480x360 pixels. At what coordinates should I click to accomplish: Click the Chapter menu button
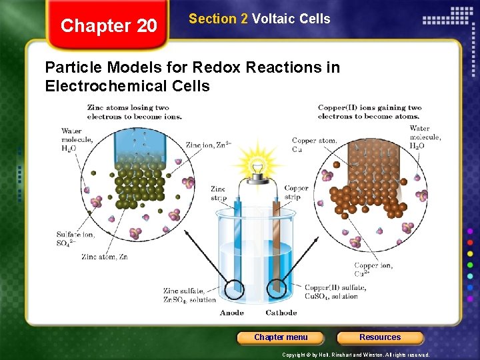[x=281, y=337]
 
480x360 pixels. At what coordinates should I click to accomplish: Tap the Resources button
[x=380, y=337]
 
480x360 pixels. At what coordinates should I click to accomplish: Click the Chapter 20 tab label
[x=109, y=26]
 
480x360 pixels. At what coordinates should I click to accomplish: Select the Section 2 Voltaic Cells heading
[x=259, y=19]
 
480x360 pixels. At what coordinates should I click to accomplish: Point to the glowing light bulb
[x=255, y=164]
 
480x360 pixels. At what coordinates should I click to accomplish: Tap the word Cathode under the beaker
[x=281, y=313]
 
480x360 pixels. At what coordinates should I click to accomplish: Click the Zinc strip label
[x=218, y=193]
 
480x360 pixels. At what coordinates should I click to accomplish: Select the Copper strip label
[x=296, y=193]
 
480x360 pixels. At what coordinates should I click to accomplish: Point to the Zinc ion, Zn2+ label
[x=208, y=145]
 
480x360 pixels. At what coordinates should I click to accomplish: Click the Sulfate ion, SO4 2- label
[x=75, y=238]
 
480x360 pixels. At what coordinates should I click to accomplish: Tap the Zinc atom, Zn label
[x=104, y=257]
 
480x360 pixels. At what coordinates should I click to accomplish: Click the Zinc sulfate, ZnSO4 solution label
[x=189, y=295]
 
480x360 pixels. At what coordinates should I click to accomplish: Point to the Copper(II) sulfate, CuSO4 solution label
[x=335, y=291]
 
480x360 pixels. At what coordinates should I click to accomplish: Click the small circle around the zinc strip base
[x=234, y=289]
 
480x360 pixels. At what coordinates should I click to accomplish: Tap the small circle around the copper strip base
[x=277, y=289]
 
